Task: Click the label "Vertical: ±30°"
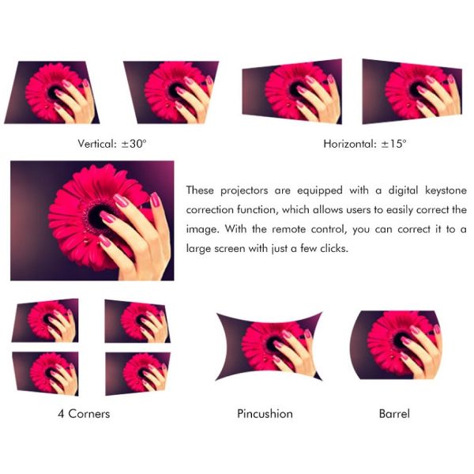[112, 144]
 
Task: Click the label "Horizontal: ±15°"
[365, 144]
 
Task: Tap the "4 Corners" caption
[84, 413]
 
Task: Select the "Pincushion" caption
[265, 413]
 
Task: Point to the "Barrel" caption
[394, 413]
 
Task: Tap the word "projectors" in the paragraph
[244, 190]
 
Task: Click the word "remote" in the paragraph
[288, 229]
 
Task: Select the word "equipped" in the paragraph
[320, 190]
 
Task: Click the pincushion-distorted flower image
[269, 347]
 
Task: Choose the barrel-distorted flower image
[397, 345]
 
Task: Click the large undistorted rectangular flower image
[92, 220]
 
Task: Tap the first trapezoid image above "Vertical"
[52, 92]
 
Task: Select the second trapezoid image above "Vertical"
[171, 92]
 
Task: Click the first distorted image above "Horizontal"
[292, 92]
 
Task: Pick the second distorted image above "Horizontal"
[412, 92]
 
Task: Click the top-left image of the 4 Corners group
[45, 321]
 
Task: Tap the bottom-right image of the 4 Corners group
[137, 374]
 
